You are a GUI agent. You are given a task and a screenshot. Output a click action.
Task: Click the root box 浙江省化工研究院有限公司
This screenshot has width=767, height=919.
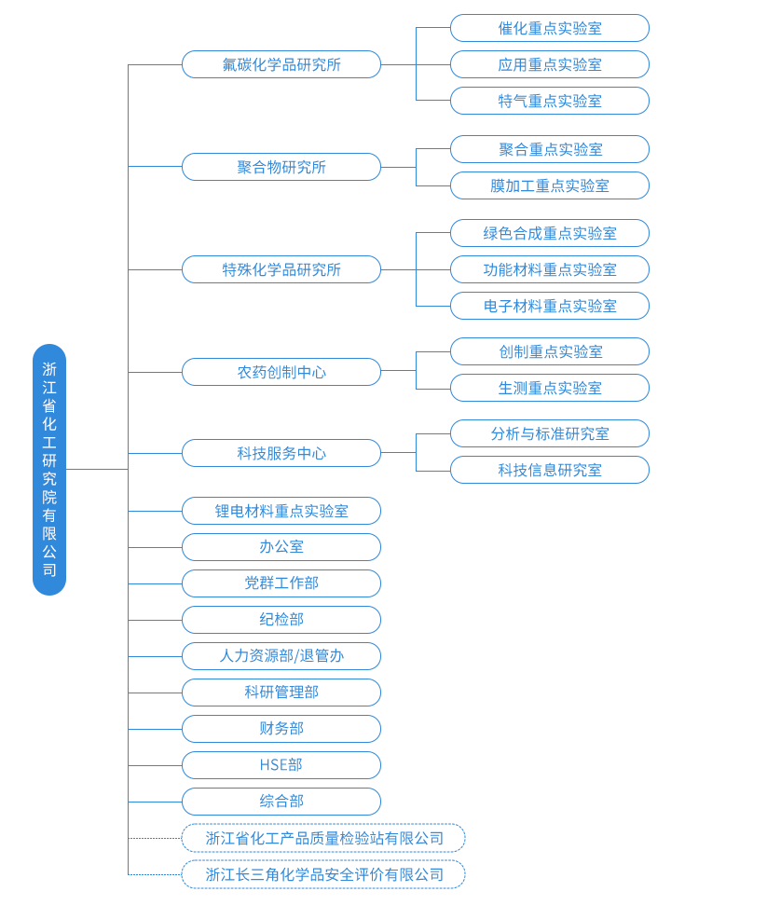coord(49,470)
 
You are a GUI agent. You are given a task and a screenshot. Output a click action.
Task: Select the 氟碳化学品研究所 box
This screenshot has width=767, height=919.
coord(281,64)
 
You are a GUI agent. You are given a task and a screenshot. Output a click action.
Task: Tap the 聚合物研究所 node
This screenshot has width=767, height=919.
coord(281,167)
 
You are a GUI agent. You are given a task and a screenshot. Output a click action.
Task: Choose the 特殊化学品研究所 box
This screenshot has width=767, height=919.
coord(281,269)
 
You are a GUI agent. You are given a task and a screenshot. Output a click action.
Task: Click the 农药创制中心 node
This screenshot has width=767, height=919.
coord(281,372)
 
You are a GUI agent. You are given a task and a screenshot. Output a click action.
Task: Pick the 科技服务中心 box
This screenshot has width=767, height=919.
coord(281,453)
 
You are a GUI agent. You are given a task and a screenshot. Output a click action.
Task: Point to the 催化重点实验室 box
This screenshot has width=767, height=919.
coord(550,28)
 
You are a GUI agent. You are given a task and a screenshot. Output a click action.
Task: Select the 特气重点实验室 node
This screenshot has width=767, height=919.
coord(550,101)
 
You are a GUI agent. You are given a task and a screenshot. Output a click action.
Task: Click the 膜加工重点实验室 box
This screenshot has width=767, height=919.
coord(550,185)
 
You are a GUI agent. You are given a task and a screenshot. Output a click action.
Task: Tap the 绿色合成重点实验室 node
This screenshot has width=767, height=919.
coord(550,233)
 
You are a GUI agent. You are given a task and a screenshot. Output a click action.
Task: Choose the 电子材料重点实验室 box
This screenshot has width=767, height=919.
coord(550,306)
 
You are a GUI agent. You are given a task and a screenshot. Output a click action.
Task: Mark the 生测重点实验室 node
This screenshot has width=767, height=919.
coord(550,388)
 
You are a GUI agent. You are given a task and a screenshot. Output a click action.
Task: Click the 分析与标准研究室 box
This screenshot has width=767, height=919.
coord(550,433)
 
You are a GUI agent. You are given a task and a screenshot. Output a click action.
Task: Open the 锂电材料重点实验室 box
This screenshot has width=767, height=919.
coord(281,511)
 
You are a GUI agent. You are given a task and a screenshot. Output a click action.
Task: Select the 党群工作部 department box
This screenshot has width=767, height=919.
coord(281,583)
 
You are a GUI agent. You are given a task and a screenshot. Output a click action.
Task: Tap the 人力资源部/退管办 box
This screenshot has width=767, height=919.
coord(281,656)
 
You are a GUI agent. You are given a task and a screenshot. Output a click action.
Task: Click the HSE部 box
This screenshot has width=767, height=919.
coord(281,765)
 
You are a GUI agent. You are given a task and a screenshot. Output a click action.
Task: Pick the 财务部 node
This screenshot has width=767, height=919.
coord(281,729)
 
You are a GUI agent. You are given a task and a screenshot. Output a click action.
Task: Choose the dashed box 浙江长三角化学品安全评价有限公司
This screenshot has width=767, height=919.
coord(323,874)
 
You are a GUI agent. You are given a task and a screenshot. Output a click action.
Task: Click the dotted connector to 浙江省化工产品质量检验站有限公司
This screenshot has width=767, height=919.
coord(155,838)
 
